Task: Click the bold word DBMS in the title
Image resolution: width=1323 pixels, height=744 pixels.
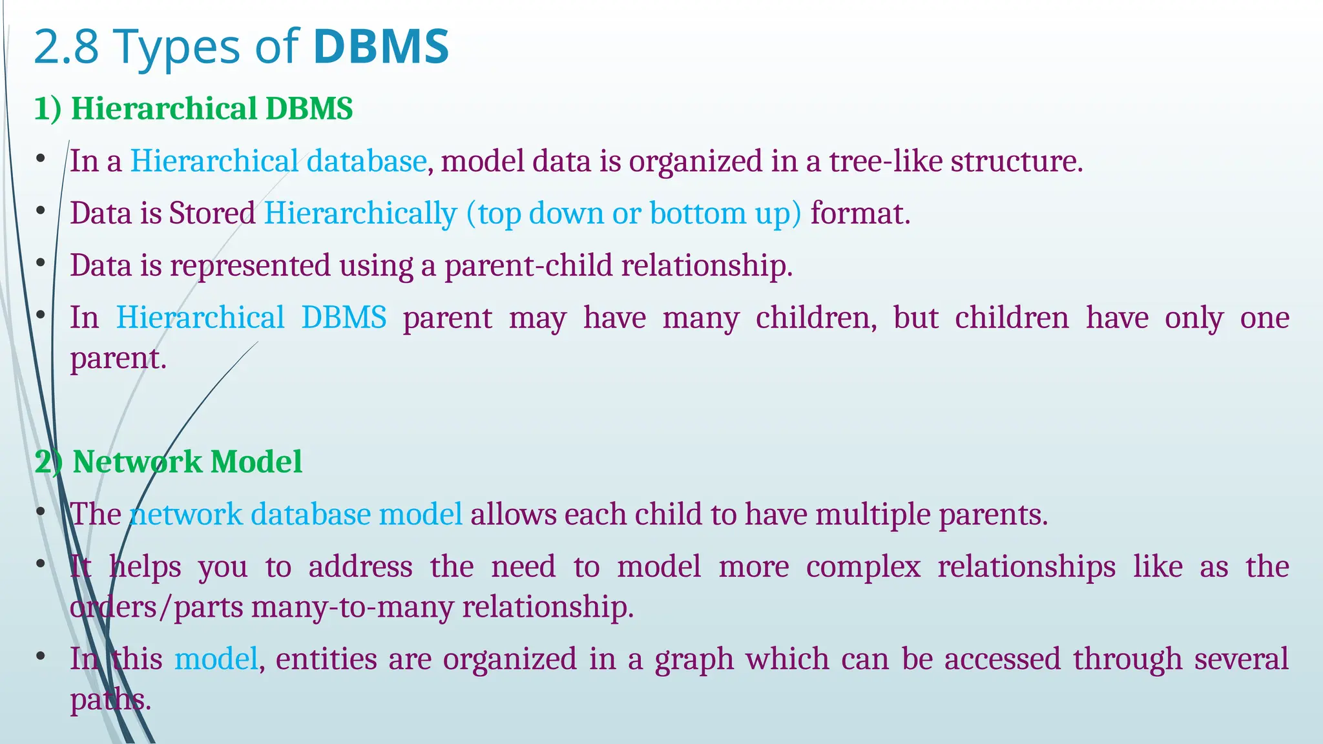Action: pos(380,47)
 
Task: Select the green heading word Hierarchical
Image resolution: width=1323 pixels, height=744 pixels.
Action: pos(164,108)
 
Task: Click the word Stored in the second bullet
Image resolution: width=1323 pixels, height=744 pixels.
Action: pos(212,213)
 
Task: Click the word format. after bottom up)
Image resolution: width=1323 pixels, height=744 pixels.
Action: pos(860,213)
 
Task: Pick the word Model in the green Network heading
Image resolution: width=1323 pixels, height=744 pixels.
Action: pos(256,462)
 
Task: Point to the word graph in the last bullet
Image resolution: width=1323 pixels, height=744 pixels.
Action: pos(694,659)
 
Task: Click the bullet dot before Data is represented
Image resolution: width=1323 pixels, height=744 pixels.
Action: pos(40,263)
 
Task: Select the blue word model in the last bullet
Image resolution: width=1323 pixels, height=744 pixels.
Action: pos(216,659)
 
